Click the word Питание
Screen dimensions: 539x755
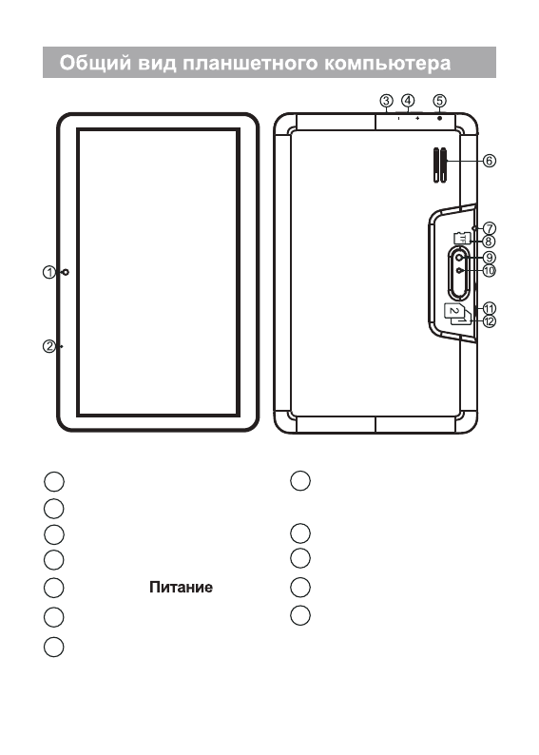(181, 587)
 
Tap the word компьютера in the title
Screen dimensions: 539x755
(388, 64)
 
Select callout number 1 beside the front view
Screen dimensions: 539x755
(49, 273)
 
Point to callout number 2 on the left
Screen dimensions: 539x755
(49, 346)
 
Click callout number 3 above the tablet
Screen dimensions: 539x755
(387, 101)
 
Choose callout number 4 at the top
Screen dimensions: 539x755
(408, 101)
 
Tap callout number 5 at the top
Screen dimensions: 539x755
(439, 101)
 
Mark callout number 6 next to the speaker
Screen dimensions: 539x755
(489, 161)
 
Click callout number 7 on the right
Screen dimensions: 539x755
(489, 228)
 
